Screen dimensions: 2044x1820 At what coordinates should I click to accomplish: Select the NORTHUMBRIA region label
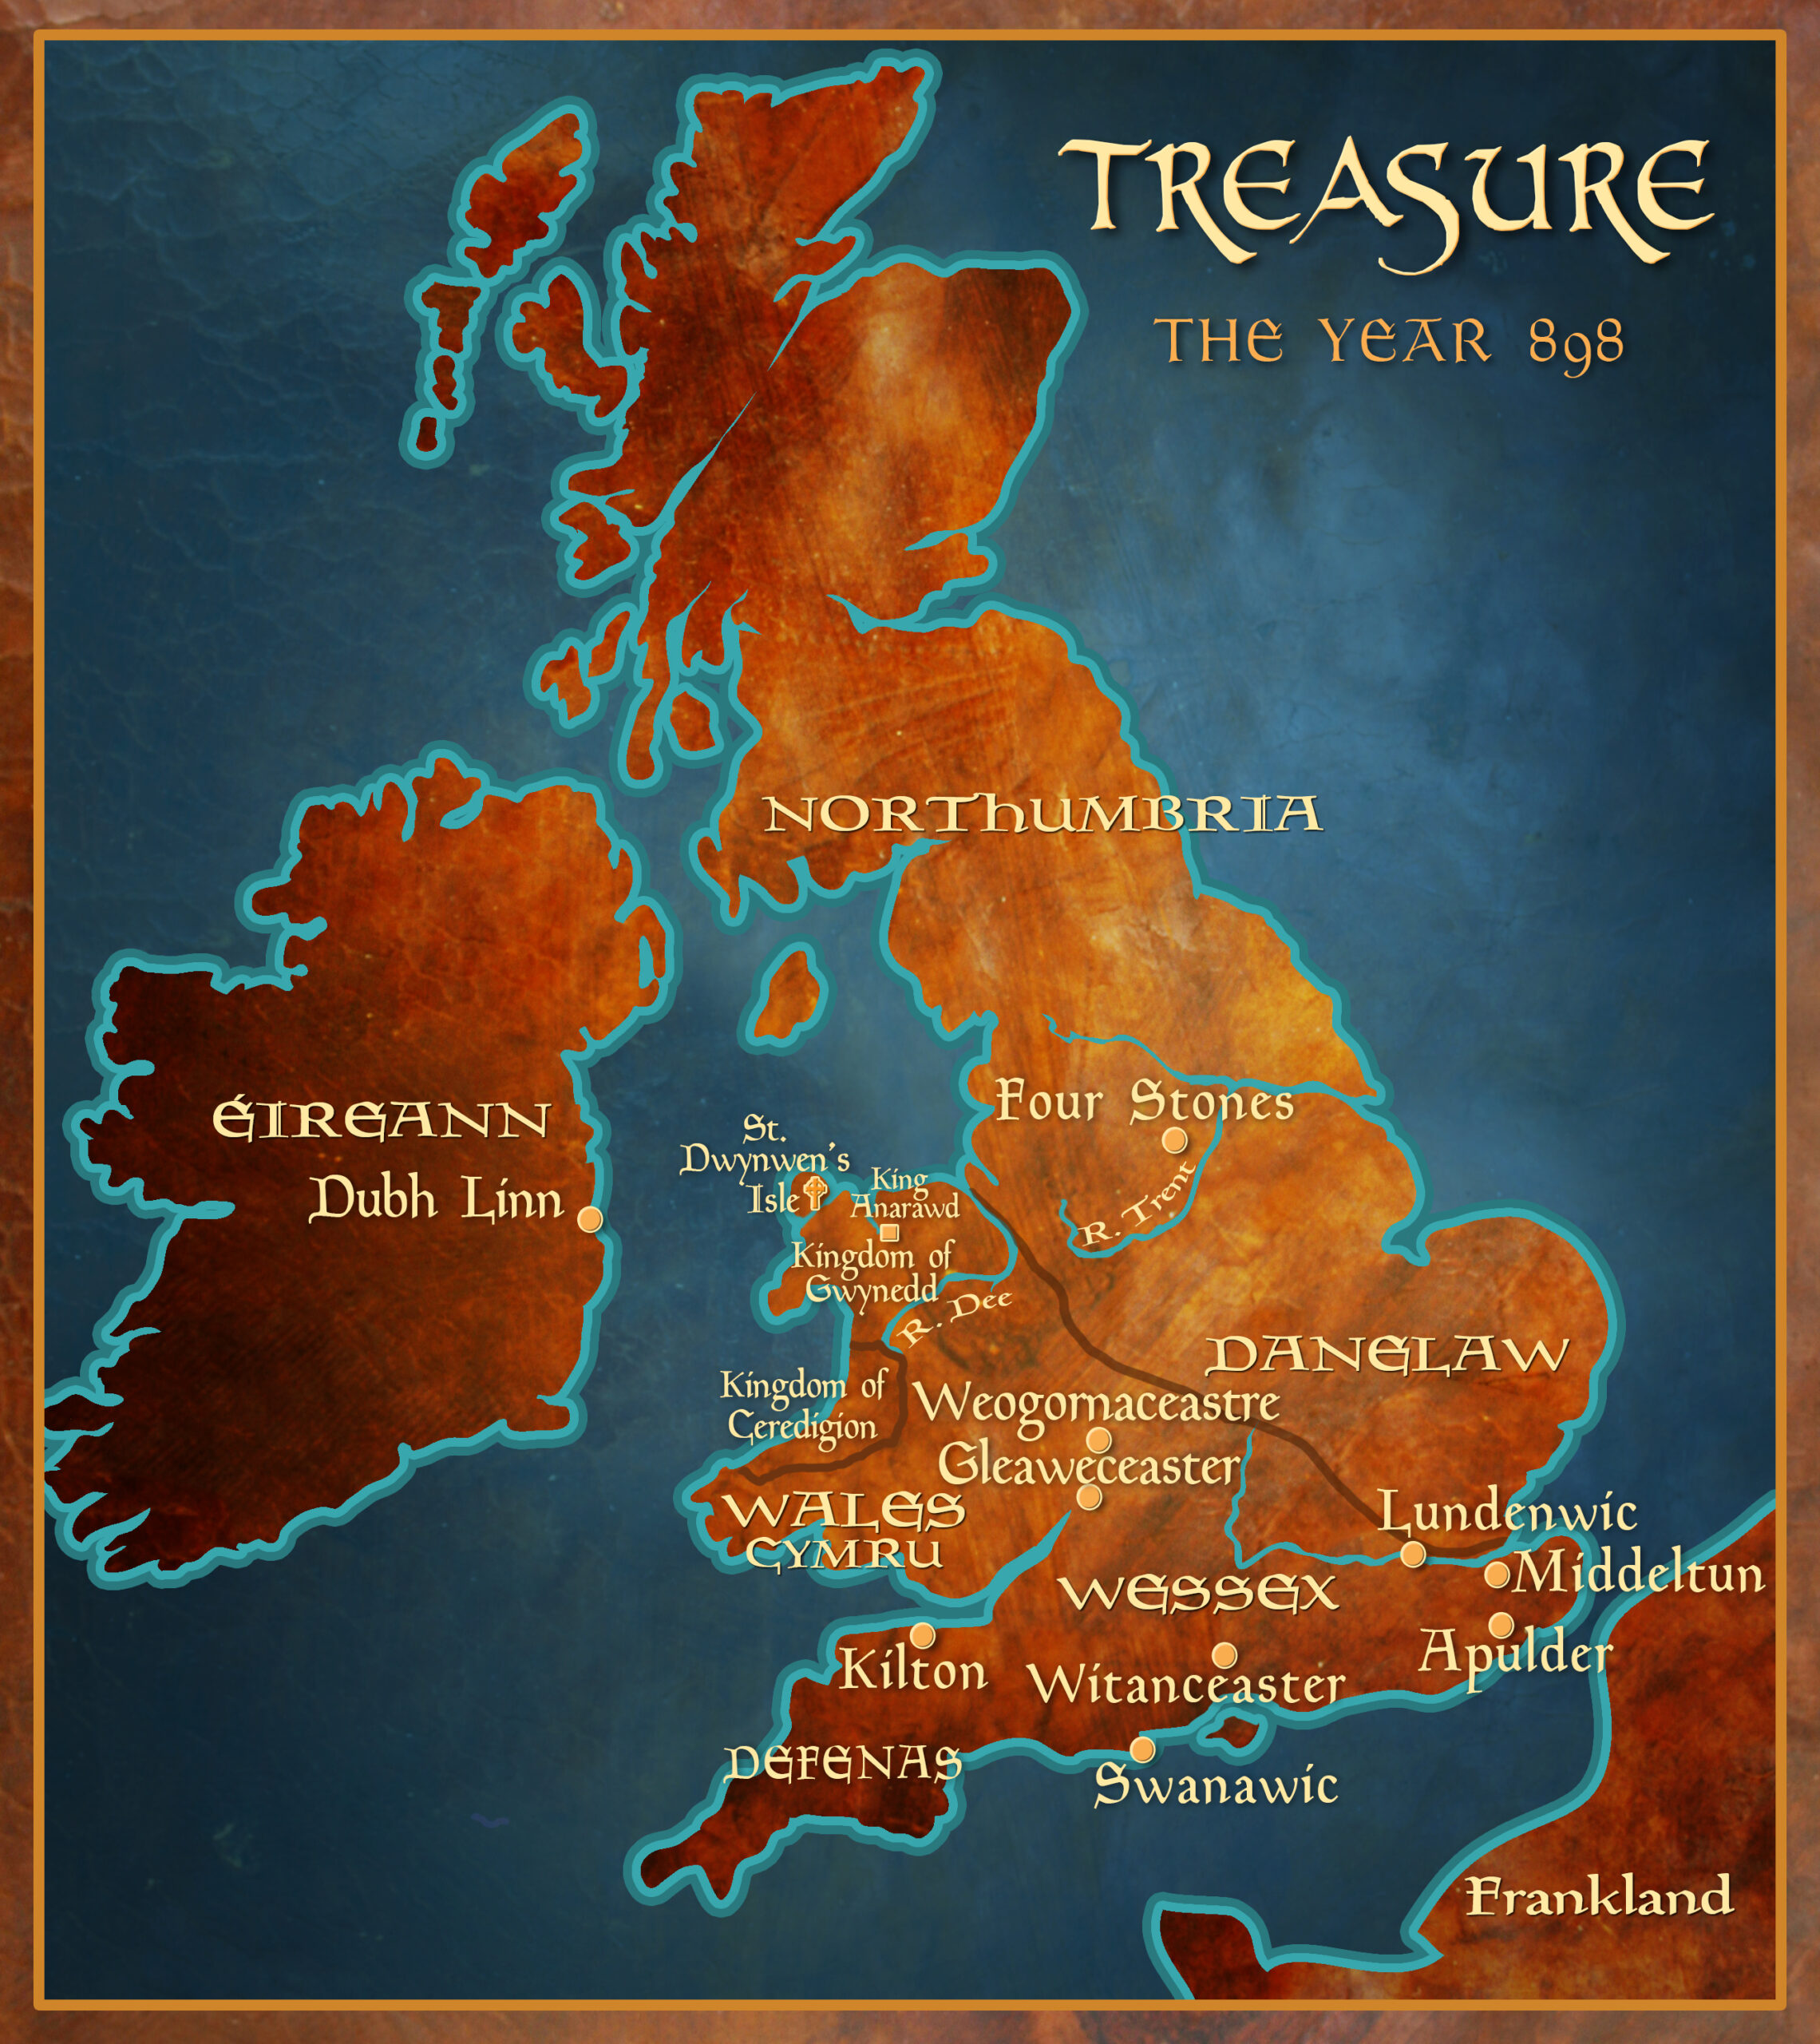tap(1042, 815)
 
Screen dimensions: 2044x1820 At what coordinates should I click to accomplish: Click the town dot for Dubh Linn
tap(591, 1218)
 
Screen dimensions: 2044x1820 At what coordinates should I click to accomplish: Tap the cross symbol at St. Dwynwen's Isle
tap(816, 1192)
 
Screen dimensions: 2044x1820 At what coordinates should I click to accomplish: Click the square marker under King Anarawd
tap(889, 1232)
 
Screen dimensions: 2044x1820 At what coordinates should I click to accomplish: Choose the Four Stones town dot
tap(1175, 1140)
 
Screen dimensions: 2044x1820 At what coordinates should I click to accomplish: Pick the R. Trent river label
tap(1140, 1205)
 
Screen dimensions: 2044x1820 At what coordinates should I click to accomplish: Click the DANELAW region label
tap(1388, 1355)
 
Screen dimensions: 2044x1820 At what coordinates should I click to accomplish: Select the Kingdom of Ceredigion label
tap(803, 1405)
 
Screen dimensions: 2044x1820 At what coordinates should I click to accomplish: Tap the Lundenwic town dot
tap(1412, 1554)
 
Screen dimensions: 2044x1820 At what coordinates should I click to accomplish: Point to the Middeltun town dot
tap(1497, 1575)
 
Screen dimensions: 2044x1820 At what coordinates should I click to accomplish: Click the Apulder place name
tap(1516, 1655)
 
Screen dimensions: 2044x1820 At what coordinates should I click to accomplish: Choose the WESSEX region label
tap(1198, 1593)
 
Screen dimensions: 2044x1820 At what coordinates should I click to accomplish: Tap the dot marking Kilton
tap(922, 1635)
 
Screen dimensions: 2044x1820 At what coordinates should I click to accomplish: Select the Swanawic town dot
tap(1142, 1749)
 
